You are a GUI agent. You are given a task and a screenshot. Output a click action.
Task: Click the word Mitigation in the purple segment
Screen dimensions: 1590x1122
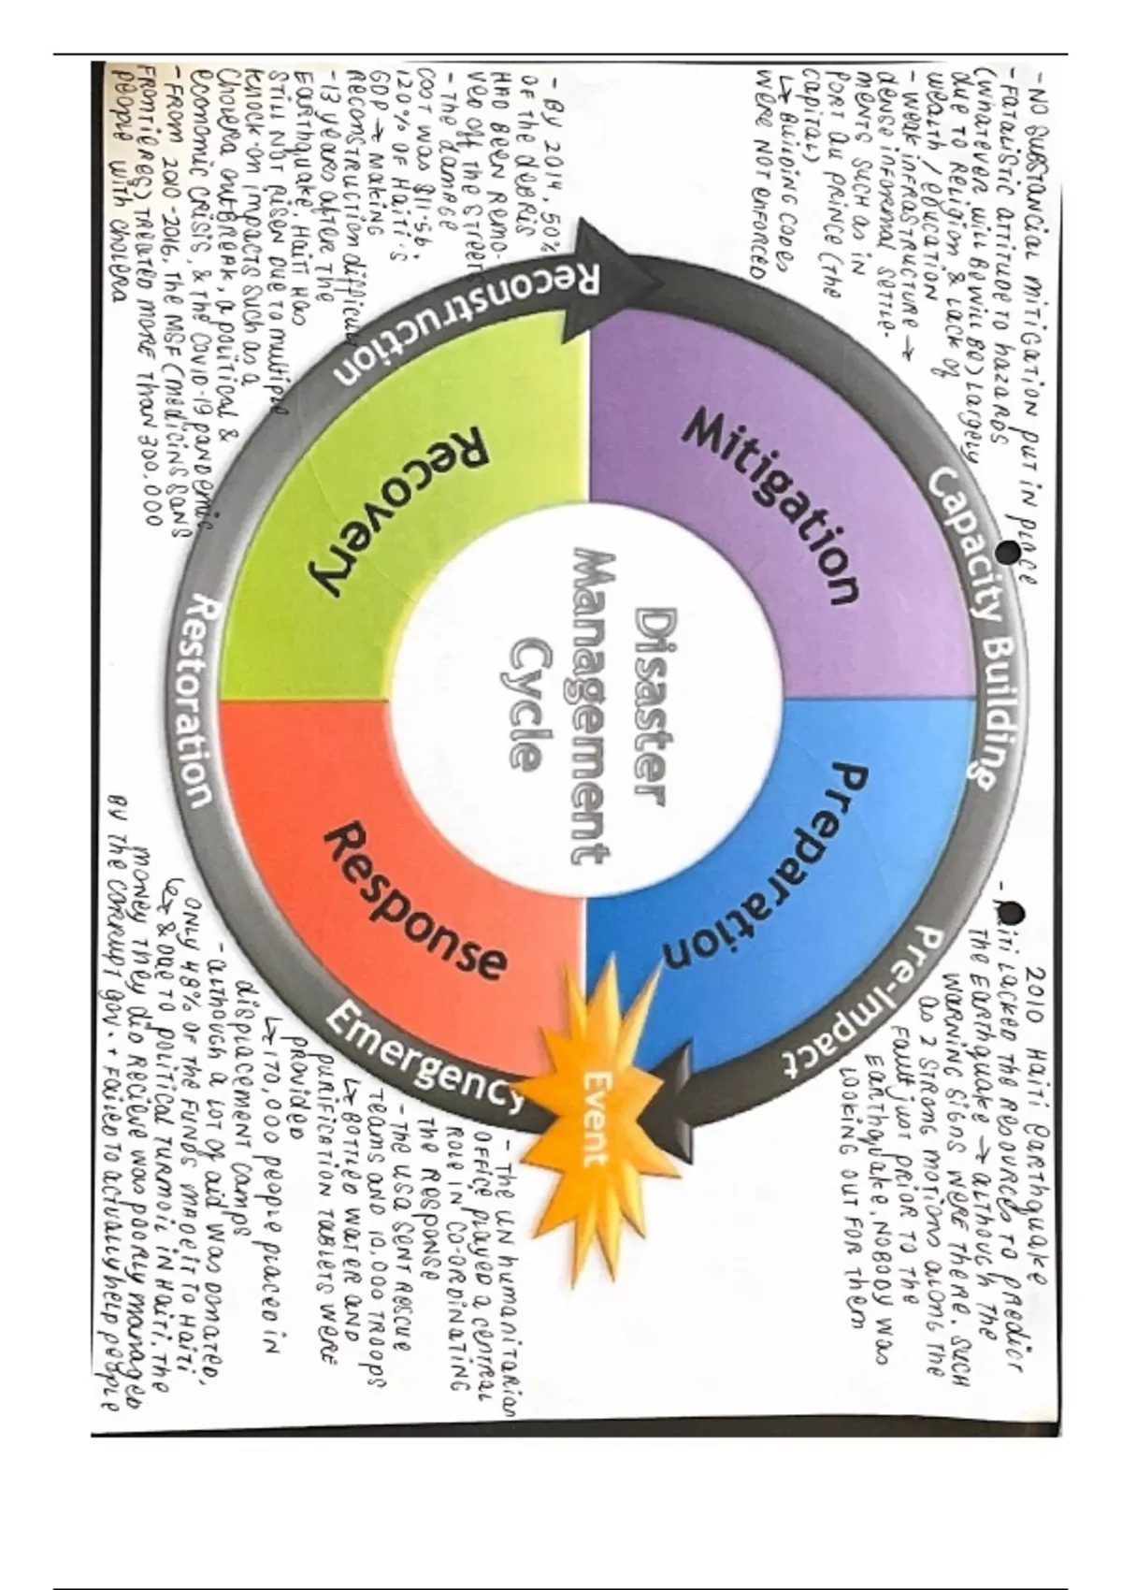click(x=772, y=508)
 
